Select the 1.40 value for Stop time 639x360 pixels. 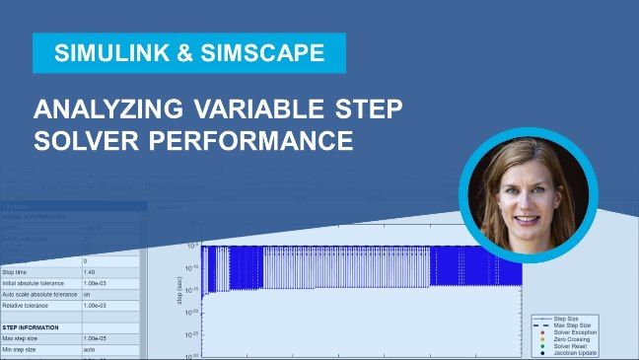[x=91, y=271]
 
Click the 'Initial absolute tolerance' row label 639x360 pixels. [x=37, y=283]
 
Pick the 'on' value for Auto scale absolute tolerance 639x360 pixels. [x=88, y=295]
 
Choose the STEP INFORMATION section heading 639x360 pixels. [x=31, y=327]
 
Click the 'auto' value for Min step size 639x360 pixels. [x=90, y=351]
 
